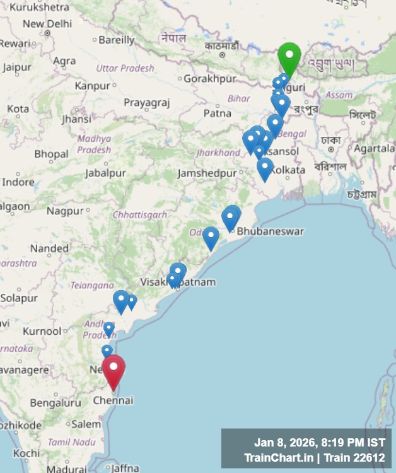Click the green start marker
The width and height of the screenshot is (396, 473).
point(289,58)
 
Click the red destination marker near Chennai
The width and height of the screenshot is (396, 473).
point(114,371)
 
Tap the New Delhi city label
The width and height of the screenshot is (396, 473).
point(47,24)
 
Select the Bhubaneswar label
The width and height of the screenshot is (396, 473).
point(270,231)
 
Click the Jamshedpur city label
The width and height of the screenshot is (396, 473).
point(207,173)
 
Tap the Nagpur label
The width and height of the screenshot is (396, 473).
point(65,211)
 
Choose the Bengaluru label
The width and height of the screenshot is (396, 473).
point(56,402)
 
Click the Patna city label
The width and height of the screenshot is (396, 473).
point(218,114)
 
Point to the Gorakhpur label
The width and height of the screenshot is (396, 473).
point(210,79)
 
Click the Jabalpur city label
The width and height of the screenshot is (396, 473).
point(105,173)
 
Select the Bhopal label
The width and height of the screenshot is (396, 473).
point(51,154)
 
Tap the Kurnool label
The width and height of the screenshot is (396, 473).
point(42,331)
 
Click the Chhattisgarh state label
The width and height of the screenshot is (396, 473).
point(140,215)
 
